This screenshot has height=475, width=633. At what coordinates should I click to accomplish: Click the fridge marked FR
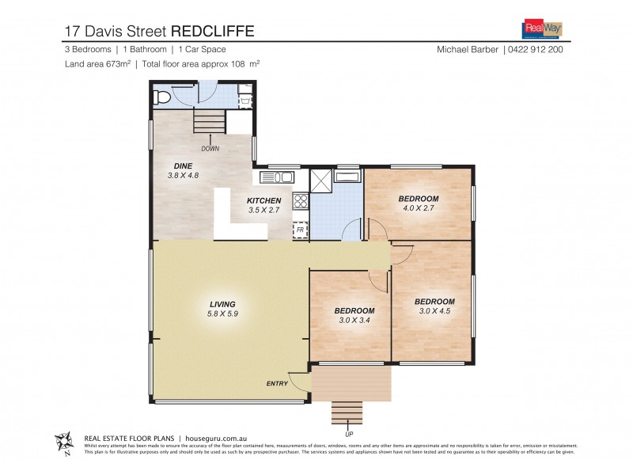300,230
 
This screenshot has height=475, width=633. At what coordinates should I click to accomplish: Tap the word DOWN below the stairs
210,149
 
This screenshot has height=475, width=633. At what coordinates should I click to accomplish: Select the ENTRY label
277,385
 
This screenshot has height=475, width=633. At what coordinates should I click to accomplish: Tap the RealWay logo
543,29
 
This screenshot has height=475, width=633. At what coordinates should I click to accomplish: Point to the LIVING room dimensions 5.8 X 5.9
222,314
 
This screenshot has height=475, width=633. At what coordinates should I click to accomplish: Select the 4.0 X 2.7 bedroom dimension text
419,208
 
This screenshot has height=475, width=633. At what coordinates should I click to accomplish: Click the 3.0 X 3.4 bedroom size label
354,321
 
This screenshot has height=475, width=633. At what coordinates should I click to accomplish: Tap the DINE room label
184,165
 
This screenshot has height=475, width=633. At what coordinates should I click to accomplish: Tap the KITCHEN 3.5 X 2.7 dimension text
263,211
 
